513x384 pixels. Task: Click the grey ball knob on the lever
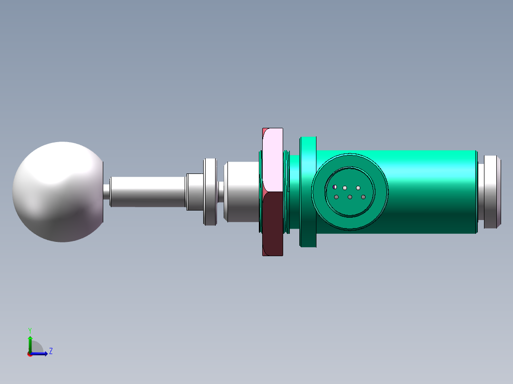pyautogui.click(x=57, y=192)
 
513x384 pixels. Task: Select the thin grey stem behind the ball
pyautogui.click(x=148, y=192)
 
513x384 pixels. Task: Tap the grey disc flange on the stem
pyautogui.click(x=210, y=192)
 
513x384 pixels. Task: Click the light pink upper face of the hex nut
pyautogui.click(x=273, y=159)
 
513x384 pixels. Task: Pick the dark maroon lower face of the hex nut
pyautogui.click(x=273, y=223)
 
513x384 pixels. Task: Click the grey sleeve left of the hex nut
pyautogui.click(x=242, y=192)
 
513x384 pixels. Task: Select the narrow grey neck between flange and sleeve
pyautogui.click(x=221, y=192)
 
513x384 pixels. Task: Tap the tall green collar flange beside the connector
pyautogui.click(x=308, y=192)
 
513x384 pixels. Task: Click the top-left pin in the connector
pyautogui.click(x=335, y=187)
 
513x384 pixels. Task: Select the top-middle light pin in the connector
pyautogui.click(x=345, y=188)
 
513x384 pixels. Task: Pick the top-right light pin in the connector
pyautogui.click(x=358, y=188)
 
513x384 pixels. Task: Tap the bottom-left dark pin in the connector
pyautogui.click(x=336, y=197)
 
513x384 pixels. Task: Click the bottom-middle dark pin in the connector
pyautogui.click(x=350, y=197)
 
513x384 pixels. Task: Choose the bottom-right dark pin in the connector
pyautogui.click(x=363, y=197)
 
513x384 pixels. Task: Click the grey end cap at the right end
pyautogui.click(x=490, y=192)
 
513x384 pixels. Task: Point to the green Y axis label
pyautogui.click(x=30, y=330)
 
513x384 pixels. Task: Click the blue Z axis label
pyautogui.click(x=50, y=351)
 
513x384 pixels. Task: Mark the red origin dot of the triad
pyautogui.click(x=30, y=354)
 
